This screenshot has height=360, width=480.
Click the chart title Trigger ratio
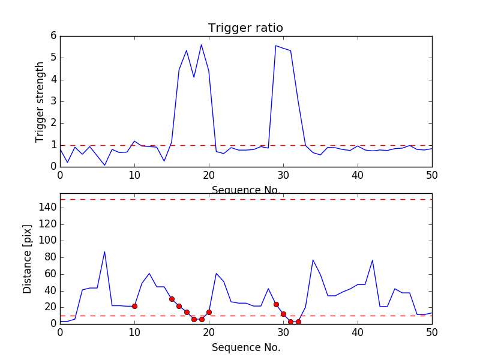[245, 28]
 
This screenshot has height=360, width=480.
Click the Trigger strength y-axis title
[40, 101]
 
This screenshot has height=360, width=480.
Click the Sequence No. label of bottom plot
[245, 347]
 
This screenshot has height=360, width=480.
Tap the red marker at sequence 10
[134, 306]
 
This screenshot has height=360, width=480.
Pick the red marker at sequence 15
[172, 299]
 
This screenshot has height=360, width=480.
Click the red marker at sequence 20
[209, 312]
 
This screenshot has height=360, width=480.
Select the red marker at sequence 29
[276, 304]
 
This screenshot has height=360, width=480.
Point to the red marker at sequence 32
[298, 322]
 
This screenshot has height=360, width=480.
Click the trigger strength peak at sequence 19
[201, 45]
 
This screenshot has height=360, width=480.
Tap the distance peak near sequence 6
[104, 252]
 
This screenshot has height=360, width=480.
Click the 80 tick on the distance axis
[50, 257]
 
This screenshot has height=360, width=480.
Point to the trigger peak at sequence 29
[276, 46]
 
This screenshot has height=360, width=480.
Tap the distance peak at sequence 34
[313, 260]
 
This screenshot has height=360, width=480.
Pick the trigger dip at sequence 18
[194, 77]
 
